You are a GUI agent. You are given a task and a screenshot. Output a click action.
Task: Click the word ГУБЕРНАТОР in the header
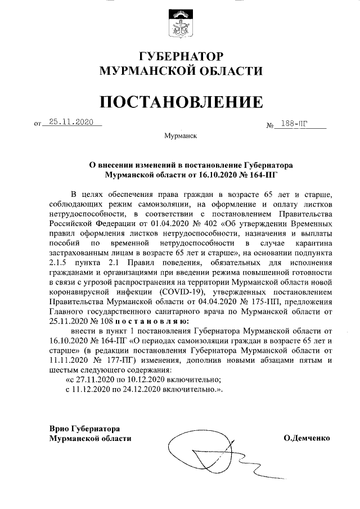(x=180, y=57)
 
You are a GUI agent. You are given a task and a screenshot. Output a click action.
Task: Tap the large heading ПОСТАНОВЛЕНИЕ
(x=180, y=101)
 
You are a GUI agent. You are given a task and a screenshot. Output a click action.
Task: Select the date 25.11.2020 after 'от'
(x=70, y=121)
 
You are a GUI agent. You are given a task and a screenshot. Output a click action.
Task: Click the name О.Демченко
(x=307, y=438)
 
